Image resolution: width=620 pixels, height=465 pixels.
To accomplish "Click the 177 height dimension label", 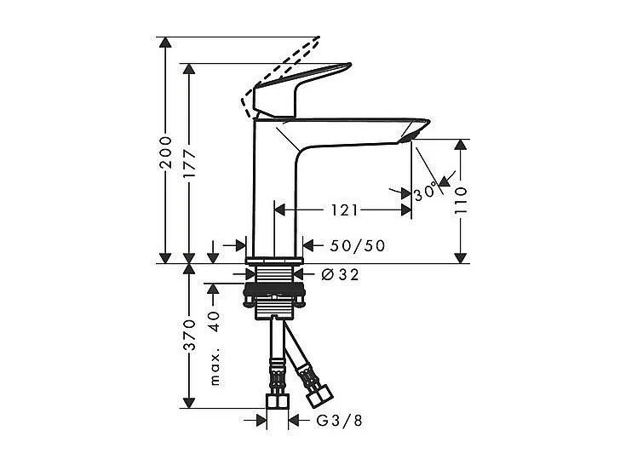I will (x=190, y=162).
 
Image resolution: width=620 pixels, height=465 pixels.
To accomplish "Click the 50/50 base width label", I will (x=357, y=246).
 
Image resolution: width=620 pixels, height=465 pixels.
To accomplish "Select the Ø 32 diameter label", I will (x=341, y=274).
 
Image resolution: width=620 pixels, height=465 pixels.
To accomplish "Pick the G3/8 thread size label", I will (x=335, y=420).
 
